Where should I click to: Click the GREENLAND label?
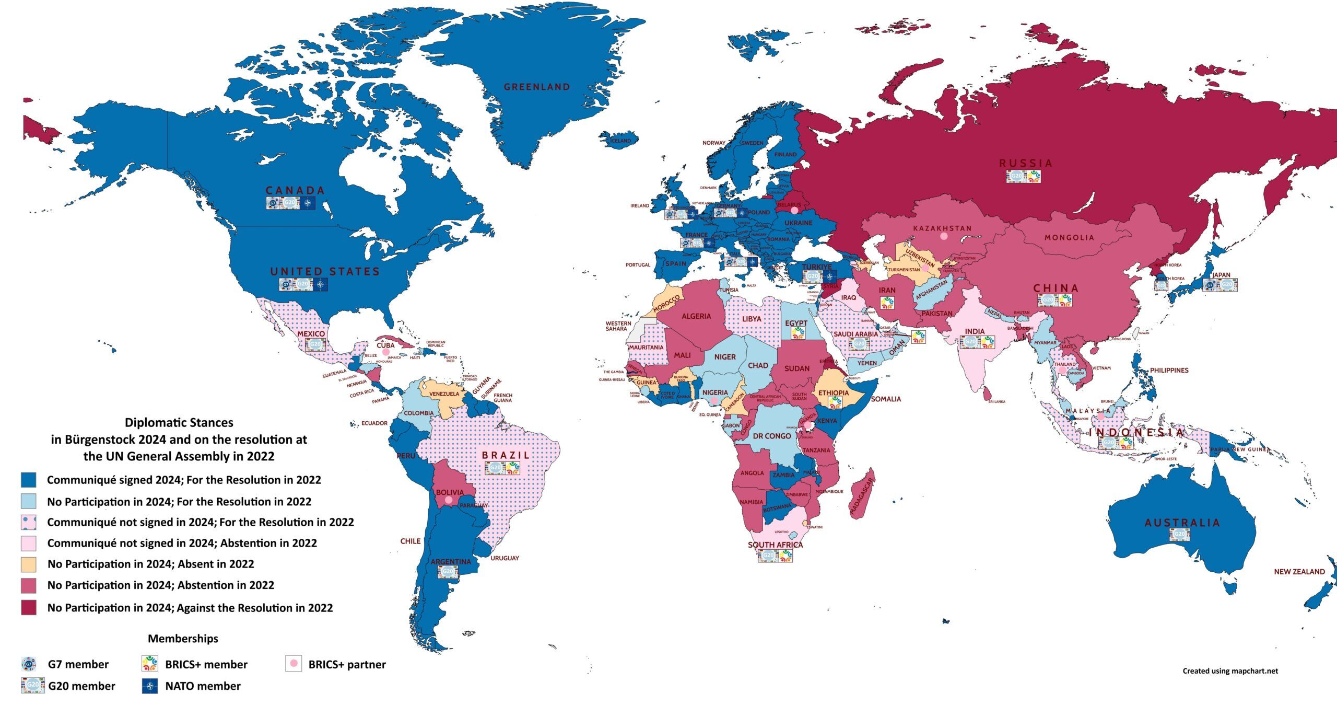coord(536,87)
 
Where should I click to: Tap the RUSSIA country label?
coord(1026,163)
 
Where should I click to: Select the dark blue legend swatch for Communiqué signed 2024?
coord(29,480)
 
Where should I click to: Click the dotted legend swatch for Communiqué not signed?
coord(29,522)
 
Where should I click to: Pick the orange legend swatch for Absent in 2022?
coord(29,564)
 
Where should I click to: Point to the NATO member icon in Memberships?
coord(150,686)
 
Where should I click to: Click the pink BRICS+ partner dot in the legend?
coord(294,664)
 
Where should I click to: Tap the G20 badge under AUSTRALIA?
coord(1179,535)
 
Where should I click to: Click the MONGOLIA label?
coord(1069,238)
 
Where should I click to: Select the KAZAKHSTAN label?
coord(942,228)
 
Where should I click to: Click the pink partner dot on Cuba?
coord(386,353)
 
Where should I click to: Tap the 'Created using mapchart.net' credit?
coord(1230,671)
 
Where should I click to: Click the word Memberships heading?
coord(183,639)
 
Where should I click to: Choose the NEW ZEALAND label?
coord(1299,572)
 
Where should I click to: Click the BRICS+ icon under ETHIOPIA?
coord(835,402)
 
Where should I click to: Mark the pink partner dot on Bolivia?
coord(448,500)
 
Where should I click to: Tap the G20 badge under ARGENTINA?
coord(448,571)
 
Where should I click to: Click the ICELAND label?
coord(621,141)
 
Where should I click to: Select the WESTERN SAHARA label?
coord(618,326)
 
